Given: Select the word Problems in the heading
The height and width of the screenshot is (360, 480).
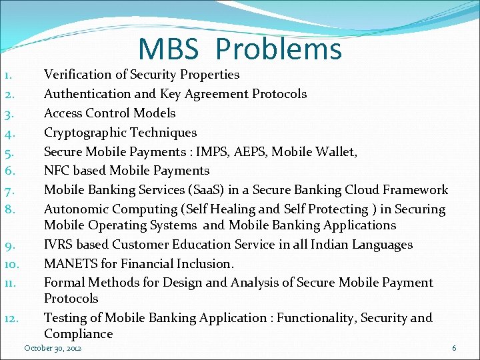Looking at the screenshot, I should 279,49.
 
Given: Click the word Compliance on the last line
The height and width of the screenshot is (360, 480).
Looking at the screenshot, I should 78,334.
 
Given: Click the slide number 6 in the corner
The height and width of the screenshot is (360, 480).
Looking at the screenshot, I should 454,348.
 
